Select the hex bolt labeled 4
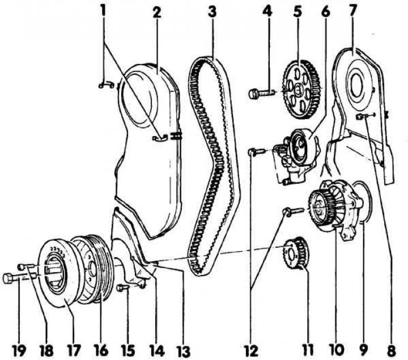click(254, 93)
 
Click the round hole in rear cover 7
click(356, 87)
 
